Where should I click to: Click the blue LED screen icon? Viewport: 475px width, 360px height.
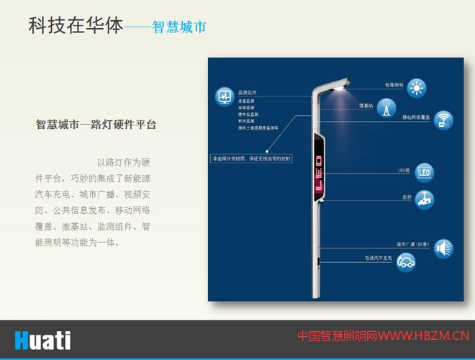(x=424, y=173)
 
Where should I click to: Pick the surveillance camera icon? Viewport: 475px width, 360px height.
(x=425, y=198)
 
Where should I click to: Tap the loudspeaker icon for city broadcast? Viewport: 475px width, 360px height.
(x=443, y=249)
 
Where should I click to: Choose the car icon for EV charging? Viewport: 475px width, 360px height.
(x=407, y=262)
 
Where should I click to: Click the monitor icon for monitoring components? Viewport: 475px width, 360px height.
(x=224, y=96)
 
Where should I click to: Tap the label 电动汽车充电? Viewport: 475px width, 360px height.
(x=379, y=257)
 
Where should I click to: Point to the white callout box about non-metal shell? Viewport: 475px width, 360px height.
(x=250, y=158)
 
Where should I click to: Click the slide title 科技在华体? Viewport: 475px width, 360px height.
(x=76, y=27)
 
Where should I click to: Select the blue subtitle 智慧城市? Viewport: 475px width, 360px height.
(x=179, y=28)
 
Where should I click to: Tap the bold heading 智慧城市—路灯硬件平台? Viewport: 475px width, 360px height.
(x=96, y=124)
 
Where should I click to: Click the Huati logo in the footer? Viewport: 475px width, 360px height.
(x=42, y=339)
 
